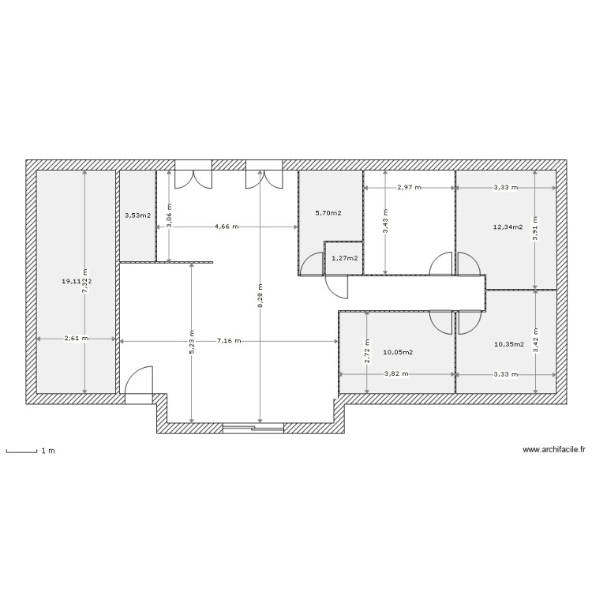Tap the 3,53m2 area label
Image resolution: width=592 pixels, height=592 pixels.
pyautogui.click(x=137, y=215)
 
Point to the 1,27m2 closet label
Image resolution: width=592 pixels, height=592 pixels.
pyautogui.click(x=344, y=258)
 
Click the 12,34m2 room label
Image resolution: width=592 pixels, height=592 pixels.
pyautogui.click(x=508, y=227)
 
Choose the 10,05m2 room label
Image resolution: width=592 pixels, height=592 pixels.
pyautogui.click(x=399, y=354)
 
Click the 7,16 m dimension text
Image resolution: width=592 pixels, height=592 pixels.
pyautogui.click(x=228, y=341)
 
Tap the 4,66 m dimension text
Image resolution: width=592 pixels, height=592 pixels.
pyautogui.click(x=226, y=227)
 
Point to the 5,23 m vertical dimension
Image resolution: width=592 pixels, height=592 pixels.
pyautogui.click(x=192, y=342)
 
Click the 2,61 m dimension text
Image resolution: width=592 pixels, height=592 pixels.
pyautogui.click(x=77, y=340)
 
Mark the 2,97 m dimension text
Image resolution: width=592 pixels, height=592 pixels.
pyautogui.click(x=409, y=188)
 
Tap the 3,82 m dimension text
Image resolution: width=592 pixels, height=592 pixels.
pyautogui.click(x=396, y=374)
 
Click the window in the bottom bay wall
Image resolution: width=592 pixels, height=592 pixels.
pyautogui.click(x=253, y=428)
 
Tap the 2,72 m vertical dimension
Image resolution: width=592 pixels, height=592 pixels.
pyautogui.click(x=367, y=349)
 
